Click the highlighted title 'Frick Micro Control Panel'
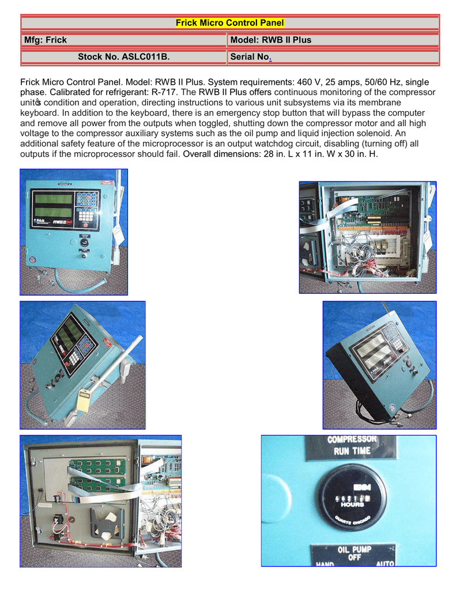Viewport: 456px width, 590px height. tap(229, 23)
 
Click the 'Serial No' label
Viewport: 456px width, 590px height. tap(250, 57)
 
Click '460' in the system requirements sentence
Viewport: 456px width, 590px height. tap(308, 82)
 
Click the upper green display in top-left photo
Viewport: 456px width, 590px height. tap(54, 200)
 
